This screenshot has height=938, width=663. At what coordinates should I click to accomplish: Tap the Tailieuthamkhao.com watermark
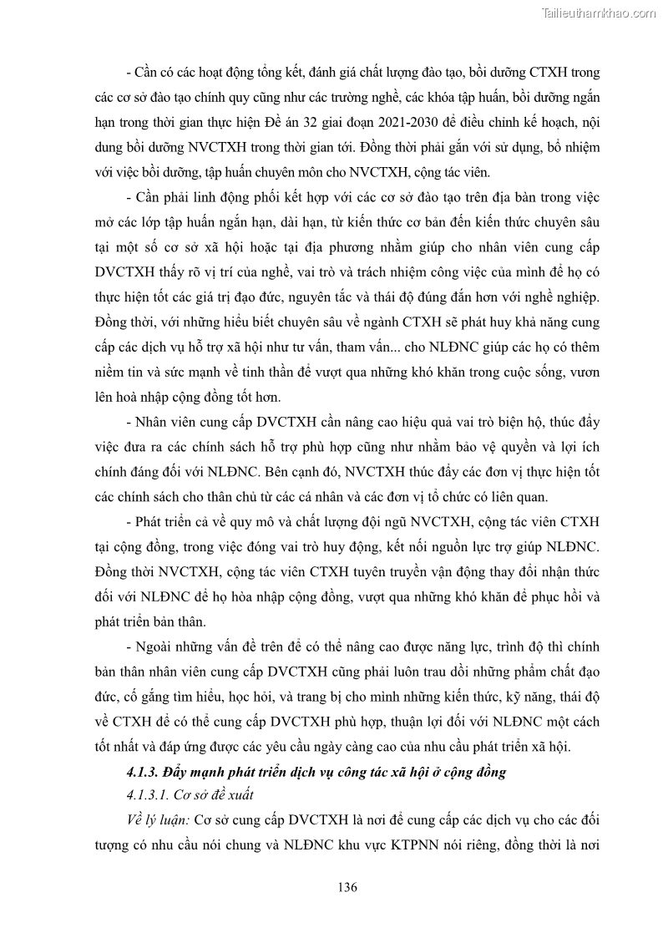click(x=599, y=13)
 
